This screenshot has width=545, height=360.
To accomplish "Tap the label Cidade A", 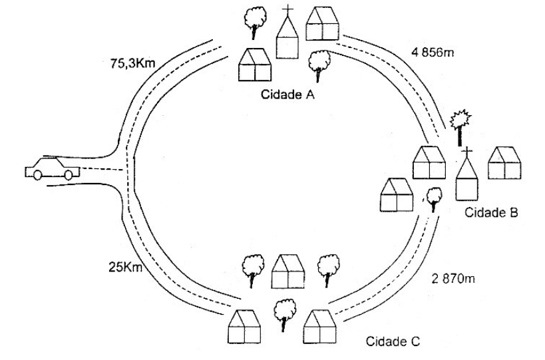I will (288, 95).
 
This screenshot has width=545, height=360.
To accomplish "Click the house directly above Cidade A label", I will (255, 65).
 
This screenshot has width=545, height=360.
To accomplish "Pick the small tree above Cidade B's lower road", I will (434, 197).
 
